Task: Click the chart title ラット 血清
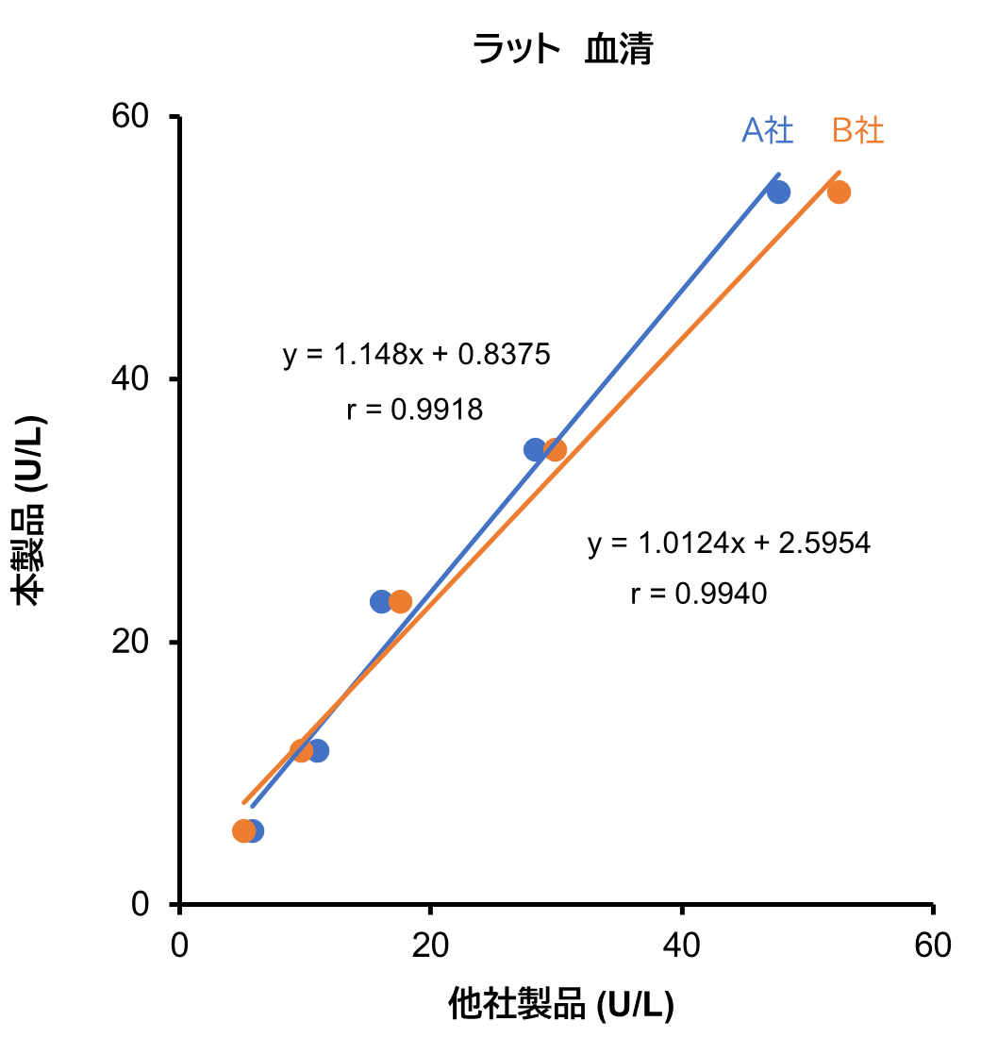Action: coord(563,49)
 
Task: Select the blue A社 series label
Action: coord(768,130)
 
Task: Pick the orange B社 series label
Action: coord(857,130)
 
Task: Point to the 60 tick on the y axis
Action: coord(133,117)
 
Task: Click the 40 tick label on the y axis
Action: coord(133,379)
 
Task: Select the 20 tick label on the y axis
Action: coord(133,642)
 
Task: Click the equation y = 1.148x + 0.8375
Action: coord(416,355)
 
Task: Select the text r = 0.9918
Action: coord(415,410)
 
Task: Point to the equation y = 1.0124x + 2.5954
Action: coord(728,544)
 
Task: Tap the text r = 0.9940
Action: coord(699,594)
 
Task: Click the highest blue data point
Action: coord(778,193)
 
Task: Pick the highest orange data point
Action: coord(839,193)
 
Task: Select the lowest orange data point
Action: coord(243,831)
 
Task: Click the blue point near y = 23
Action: coord(381,601)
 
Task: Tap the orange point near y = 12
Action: coord(302,751)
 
